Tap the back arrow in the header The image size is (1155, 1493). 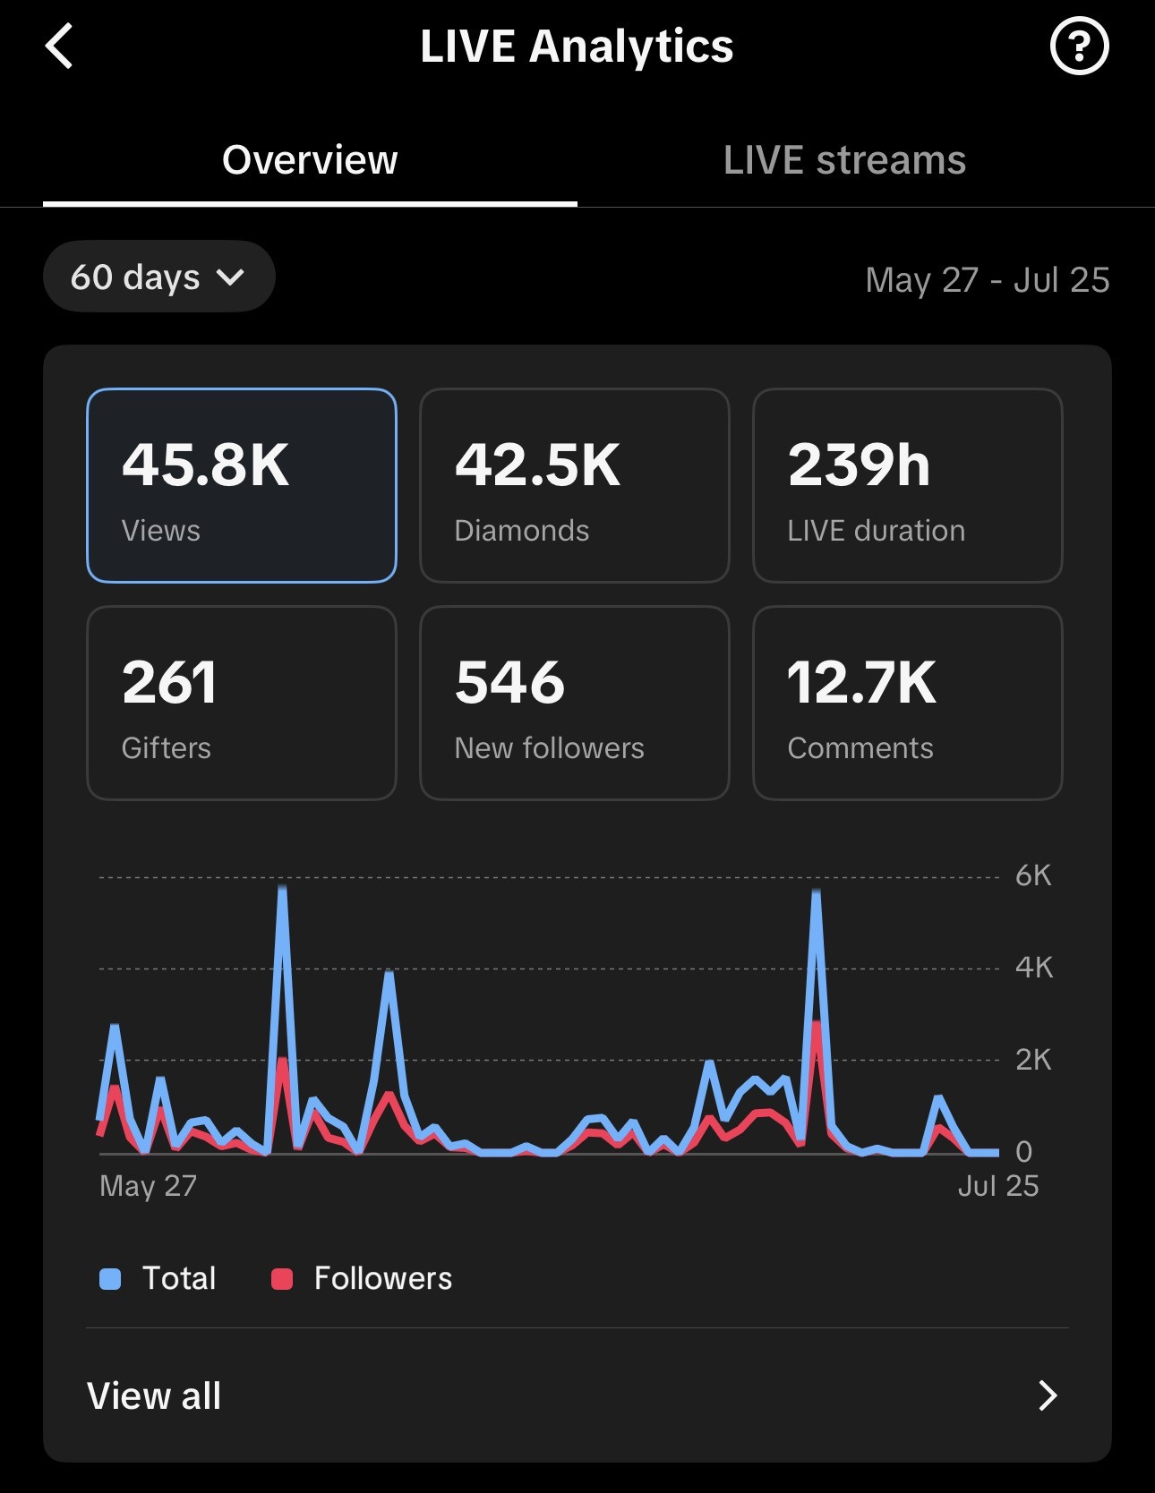[x=59, y=47]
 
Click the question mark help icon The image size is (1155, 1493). [x=1079, y=46]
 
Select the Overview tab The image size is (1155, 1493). [x=310, y=160]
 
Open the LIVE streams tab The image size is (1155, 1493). [x=844, y=160]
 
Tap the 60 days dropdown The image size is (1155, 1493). [x=158, y=277]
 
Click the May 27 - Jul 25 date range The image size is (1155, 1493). [x=988, y=280]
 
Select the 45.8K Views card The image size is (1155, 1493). [x=242, y=485]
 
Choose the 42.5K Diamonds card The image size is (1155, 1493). [x=575, y=485]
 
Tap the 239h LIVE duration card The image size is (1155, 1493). [x=908, y=485]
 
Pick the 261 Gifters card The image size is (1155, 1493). [x=242, y=703]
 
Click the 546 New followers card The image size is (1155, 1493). [x=575, y=703]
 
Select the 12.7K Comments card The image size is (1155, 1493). [x=908, y=703]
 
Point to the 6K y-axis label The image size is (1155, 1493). [x=1033, y=875]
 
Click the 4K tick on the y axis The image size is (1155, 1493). [x=1034, y=968]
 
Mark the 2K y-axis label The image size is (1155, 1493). [x=1033, y=1060]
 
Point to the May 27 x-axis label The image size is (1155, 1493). [x=149, y=1186]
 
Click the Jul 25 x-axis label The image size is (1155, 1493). [x=998, y=1186]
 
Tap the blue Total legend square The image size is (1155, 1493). [x=110, y=1279]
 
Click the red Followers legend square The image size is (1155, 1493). [x=282, y=1279]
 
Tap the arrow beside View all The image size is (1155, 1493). [x=1048, y=1395]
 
